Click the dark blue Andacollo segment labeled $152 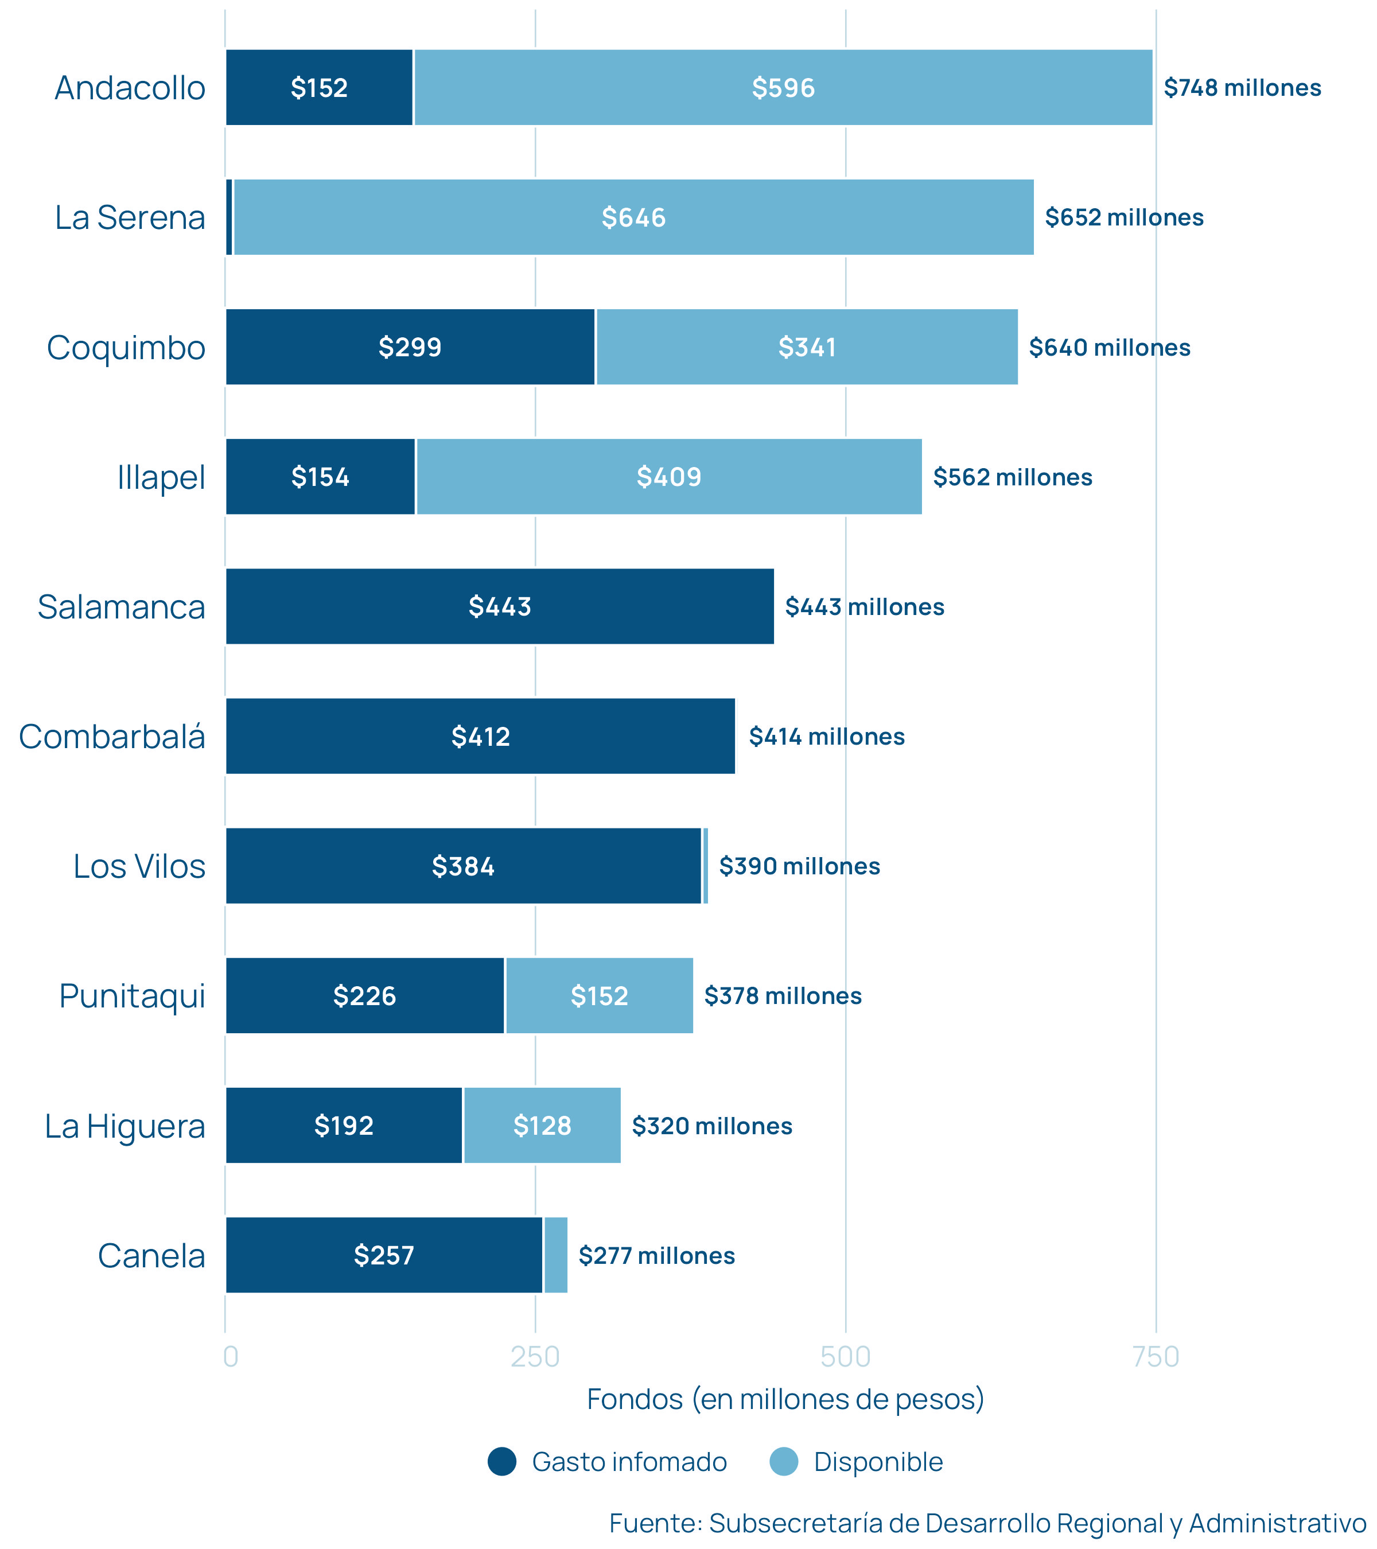tap(319, 88)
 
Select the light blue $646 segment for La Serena tap(633, 217)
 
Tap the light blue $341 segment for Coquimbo tap(807, 347)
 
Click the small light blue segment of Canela tap(555, 1255)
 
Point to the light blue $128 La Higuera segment tap(542, 1126)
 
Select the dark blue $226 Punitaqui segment tap(364, 996)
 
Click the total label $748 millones tap(1242, 88)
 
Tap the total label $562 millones tap(1013, 477)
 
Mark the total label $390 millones tap(800, 866)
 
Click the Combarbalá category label tap(112, 737)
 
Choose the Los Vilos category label tap(139, 866)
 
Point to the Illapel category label tap(161, 477)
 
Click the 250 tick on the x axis tap(535, 1356)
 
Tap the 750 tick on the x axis tap(1156, 1356)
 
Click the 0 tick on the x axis tap(231, 1356)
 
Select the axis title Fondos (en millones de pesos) tap(785, 1399)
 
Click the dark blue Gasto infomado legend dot tap(501, 1462)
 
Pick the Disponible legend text tap(878, 1462)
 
